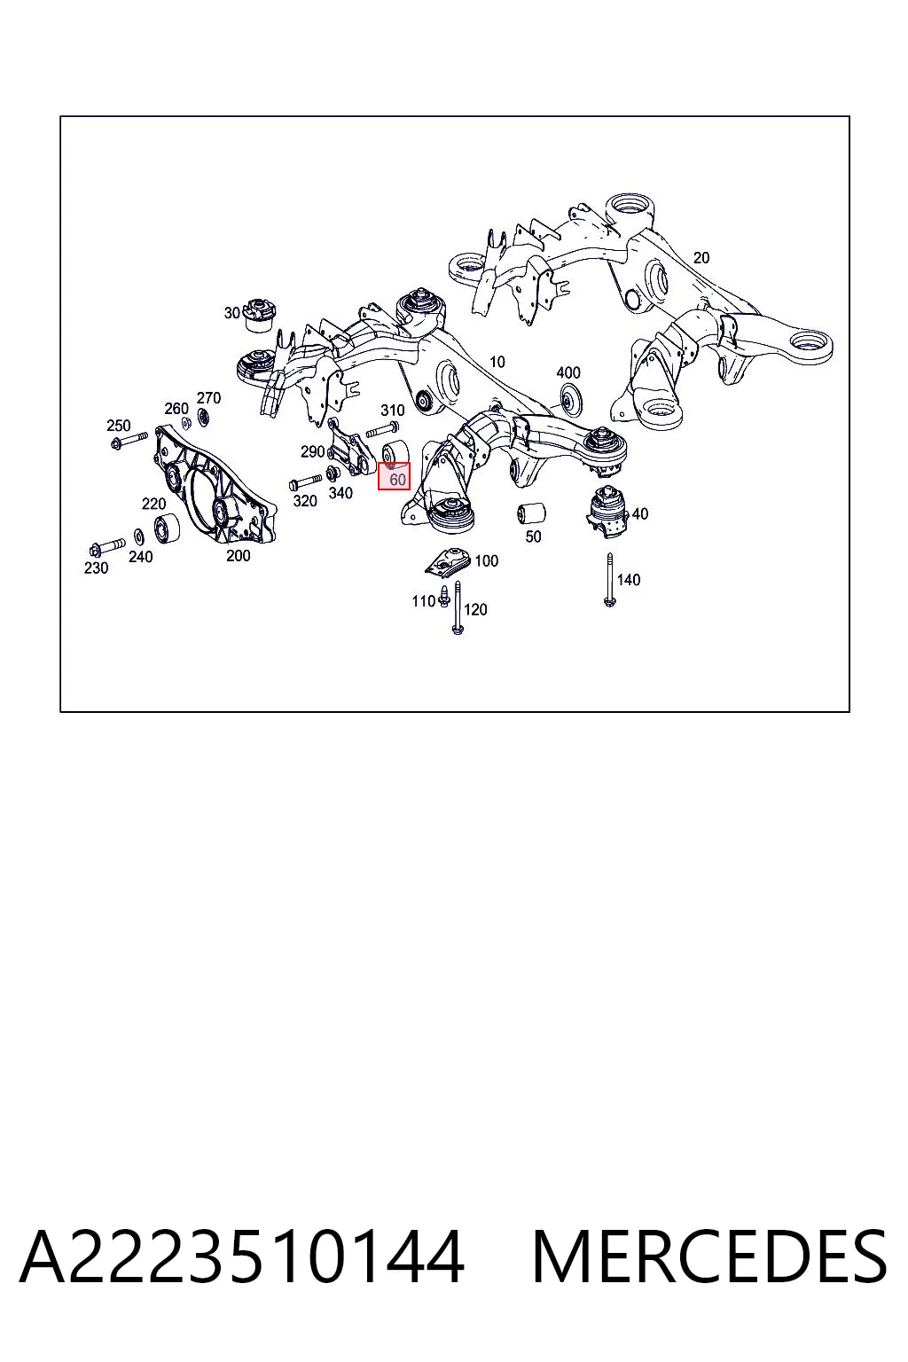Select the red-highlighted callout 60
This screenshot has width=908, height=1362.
coord(394,476)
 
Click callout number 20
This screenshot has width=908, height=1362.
coord(701,258)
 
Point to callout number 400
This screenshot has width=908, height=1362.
coord(568,372)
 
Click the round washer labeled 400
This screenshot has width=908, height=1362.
coord(570,400)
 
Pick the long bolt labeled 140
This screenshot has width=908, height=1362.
coord(609,579)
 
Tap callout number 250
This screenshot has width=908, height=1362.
coord(119,425)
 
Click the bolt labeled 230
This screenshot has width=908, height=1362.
coord(107,546)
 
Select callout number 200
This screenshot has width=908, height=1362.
coord(238,555)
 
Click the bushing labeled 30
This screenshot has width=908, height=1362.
coord(261,315)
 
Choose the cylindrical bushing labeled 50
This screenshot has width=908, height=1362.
coord(531,513)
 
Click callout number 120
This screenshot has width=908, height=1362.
coord(475,609)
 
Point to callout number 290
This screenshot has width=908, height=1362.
coord(313,451)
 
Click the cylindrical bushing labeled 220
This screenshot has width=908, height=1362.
coord(166,528)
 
